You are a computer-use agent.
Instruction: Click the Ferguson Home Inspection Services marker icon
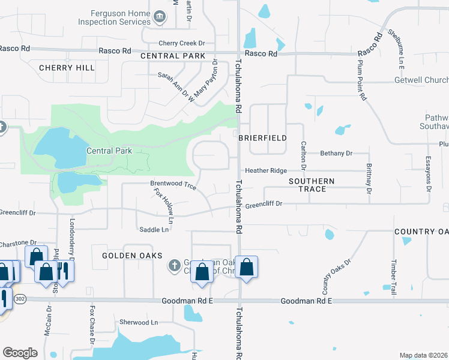160,15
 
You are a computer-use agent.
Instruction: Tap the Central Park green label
109,151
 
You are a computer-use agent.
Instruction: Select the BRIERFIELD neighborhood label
262,138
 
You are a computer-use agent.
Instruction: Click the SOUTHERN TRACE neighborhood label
307,185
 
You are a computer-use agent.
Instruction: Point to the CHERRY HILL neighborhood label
67,68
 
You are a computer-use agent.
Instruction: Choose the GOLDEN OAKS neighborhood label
132,256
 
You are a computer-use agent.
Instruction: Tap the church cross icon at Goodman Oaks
174,265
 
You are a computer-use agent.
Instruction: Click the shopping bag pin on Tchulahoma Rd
246,267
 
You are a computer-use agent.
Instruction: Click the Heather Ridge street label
265,171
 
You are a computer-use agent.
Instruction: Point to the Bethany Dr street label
336,154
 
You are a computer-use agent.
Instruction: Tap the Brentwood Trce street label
173,186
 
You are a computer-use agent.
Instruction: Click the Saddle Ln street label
154,230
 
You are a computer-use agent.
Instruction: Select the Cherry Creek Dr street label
182,43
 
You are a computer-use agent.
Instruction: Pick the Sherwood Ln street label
138,322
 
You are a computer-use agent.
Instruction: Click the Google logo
20,353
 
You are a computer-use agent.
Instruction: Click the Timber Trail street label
394,277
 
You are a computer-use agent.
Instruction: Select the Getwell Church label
421,80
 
